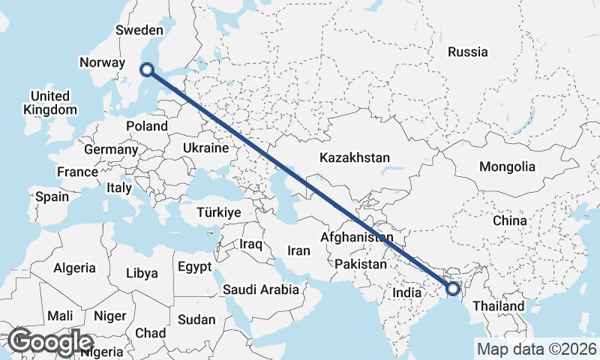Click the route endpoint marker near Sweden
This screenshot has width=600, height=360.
(x=147, y=70)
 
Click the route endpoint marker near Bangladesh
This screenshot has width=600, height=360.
(x=452, y=288)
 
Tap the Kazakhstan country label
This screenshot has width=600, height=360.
(x=355, y=158)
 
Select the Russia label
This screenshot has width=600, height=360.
(x=467, y=52)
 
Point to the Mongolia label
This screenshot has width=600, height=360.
(x=508, y=166)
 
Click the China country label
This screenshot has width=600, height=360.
(x=510, y=221)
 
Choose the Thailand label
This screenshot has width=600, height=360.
(x=499, y=307)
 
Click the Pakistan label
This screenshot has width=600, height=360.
(x=361, y=264)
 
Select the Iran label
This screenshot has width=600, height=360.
(x=298, y=250)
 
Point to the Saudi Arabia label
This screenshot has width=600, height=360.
(x=261, y=289)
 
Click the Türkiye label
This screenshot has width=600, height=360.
(x=218, y=212)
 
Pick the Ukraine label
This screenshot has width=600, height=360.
(x=205, y=148)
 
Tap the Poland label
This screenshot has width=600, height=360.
(x=146, y=126)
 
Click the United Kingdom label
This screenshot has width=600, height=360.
(x=50, y=103)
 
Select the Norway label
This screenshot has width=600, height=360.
(x=102, y=63)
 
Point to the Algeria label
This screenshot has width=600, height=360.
(x=74, y=268)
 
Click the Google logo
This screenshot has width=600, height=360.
(x=51, y=342)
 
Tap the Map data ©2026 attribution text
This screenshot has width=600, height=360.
(x=536, y=349)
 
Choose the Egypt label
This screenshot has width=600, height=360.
(x=195, y=267)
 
